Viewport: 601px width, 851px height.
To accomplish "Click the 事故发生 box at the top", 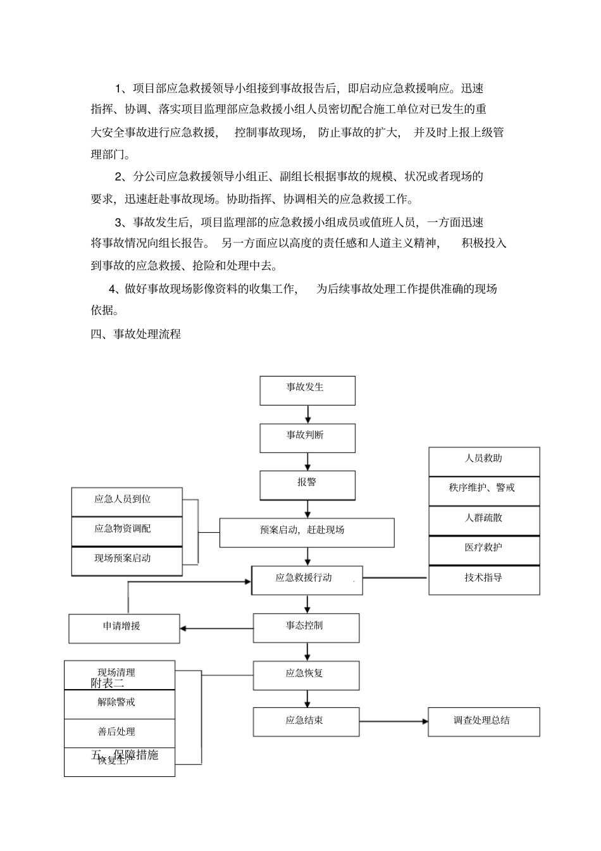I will click(x=307, y=390).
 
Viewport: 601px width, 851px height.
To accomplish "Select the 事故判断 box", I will click(x=307, y=438).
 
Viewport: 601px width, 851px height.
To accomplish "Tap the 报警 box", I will click(x=307, y=485).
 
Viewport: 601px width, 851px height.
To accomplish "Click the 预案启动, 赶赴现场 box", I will click(x=307, y=533).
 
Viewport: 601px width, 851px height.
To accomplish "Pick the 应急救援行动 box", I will click(x=307, y=580).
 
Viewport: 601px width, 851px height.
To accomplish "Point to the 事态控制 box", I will click(x=306, y=628).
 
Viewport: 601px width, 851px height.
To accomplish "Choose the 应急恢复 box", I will click(x=306, y=675).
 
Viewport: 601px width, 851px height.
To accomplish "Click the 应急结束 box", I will click(x=306, y=722).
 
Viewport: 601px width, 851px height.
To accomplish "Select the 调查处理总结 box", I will click(x=484, y=722).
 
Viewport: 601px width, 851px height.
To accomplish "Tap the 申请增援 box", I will click(x=124, y=628).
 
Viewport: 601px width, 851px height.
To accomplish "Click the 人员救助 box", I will click(x=484, y=461).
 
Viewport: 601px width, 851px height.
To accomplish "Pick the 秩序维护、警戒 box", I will click(x=484, y=491).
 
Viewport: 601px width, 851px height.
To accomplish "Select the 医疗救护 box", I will click(x=484, y=550).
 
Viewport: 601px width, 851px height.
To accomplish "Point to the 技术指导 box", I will click(x=484, y=580).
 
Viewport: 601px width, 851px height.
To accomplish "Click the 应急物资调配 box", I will click(x=127, y=531).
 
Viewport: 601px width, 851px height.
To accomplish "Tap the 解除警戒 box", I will click(x=120, y=704).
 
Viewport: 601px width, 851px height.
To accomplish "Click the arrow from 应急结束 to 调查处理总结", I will click(x=393, y=721).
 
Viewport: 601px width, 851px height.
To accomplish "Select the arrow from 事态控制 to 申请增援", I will click(x=216, y=628).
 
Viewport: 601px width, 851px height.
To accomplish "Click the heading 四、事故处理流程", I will click(x=136, y=334).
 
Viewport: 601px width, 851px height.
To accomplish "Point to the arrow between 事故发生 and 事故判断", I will click(x=308, y=414).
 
